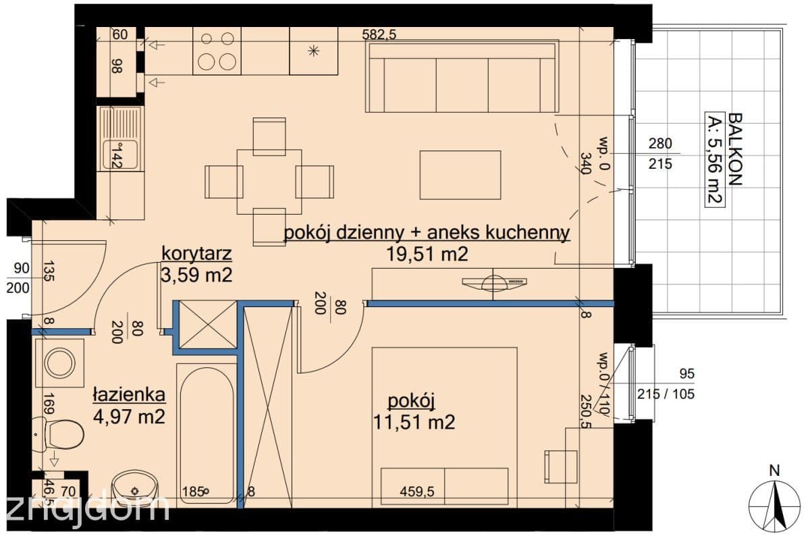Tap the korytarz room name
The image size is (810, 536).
tap(196, 254)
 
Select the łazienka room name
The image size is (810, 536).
tap(129, 395)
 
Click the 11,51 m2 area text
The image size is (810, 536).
tap(414, 422)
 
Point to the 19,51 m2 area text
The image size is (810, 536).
tap(427, 254)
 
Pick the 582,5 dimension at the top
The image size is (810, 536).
tap(379, 34)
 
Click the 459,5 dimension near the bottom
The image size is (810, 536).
tap(417, 491)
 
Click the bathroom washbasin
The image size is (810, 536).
tap(134, 489)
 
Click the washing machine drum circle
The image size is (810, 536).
tap(59, 363)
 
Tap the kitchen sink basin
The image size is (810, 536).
tap(120, 155)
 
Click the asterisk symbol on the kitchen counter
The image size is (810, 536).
tap(313, 51)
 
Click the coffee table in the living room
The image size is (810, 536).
tap(460, 175)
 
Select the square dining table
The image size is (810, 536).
tap(269, 182)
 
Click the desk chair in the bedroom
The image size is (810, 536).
tap(561, 466)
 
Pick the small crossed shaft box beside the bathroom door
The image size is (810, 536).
tap(209, 325)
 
